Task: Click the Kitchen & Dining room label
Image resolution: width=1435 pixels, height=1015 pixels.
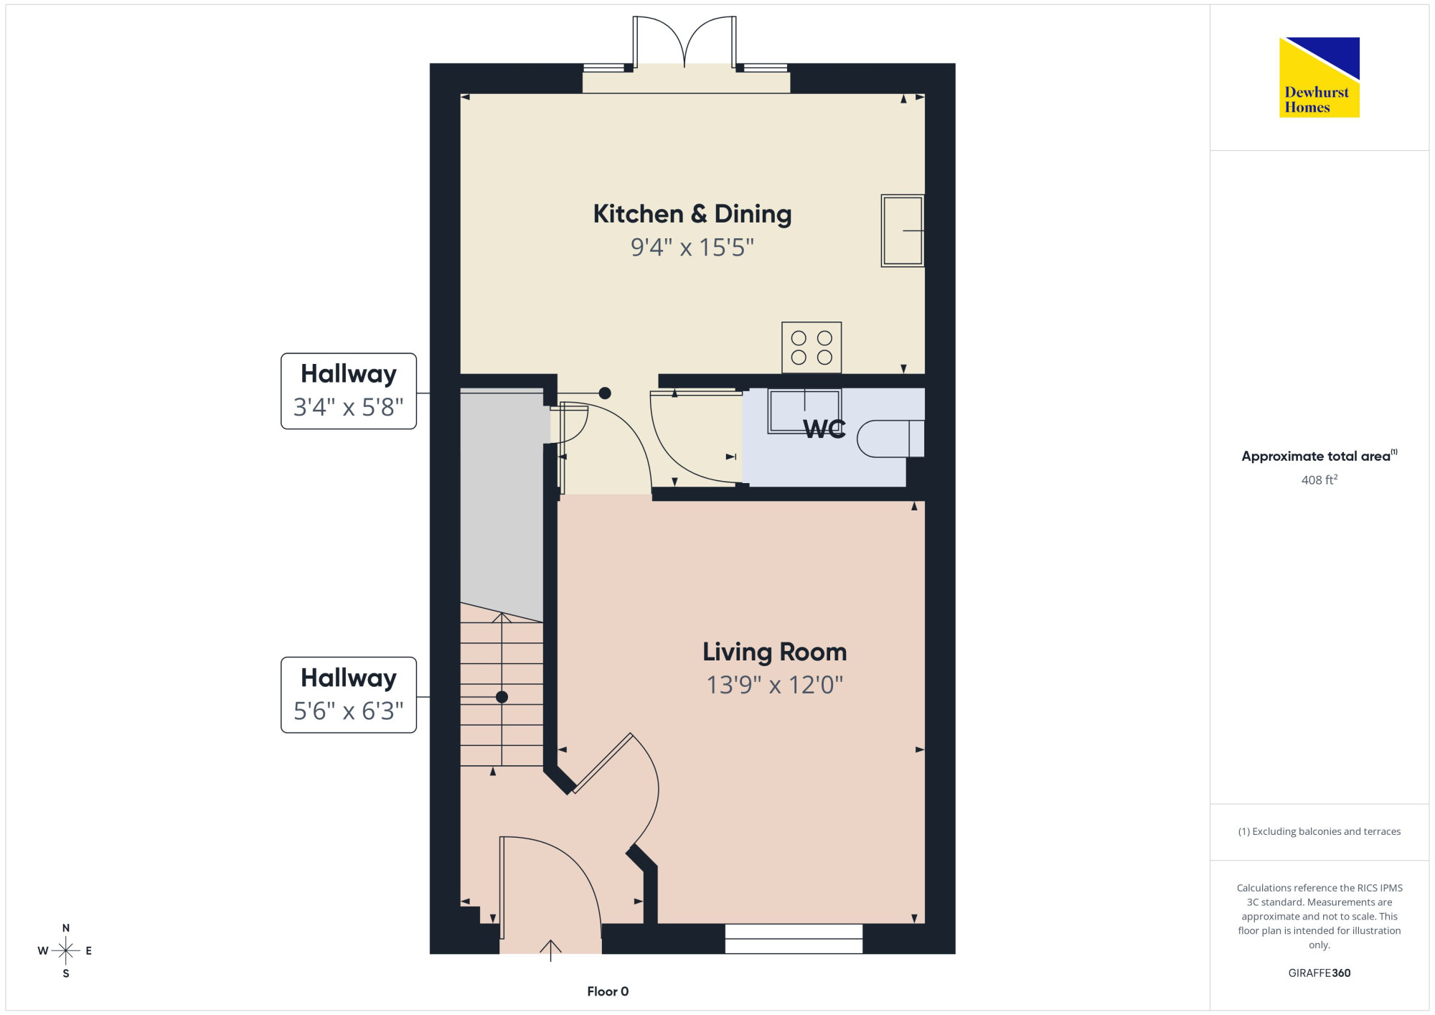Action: (x=692, y=214)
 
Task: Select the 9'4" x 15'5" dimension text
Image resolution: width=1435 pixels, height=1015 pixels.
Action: (x=692, y=248)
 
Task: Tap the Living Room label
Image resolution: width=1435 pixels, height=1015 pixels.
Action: (x=775, y=652)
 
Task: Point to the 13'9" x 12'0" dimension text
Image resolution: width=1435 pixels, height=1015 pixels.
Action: (x=775, y=685)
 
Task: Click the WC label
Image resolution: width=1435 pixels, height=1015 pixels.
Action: (x=824, y=429)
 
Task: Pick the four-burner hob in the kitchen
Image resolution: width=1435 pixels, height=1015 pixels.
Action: (x=811, y=347)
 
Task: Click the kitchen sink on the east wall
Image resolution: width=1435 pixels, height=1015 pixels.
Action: (x=903, y=230)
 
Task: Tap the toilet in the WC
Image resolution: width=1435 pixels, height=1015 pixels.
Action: (x=890, y=439)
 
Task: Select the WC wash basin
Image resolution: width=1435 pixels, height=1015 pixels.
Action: (x=804, y=411)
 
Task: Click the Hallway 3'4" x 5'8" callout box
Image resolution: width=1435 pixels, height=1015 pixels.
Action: (x=349, y=391)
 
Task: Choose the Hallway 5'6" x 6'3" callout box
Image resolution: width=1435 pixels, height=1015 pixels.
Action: (x=349, y=695)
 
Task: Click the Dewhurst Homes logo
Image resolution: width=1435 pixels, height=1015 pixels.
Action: (x=1319, y=78)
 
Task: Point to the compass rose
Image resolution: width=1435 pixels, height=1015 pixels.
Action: (x=66, y=951)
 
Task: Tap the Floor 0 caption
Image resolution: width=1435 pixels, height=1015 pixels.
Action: (x=608, y=991)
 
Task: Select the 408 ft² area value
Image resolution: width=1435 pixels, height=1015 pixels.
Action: (x=1319, y=480)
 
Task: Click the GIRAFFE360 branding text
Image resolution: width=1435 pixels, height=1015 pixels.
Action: (x=1319, y=973)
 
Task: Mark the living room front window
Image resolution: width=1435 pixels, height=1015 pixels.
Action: (x=794, y=939)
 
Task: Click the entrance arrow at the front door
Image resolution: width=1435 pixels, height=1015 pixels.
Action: (x=550, y=950)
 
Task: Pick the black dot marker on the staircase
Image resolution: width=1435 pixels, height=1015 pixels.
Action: (x=502, y=697)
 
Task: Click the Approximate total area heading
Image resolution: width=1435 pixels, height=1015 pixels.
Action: (x=1319, y=456)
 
